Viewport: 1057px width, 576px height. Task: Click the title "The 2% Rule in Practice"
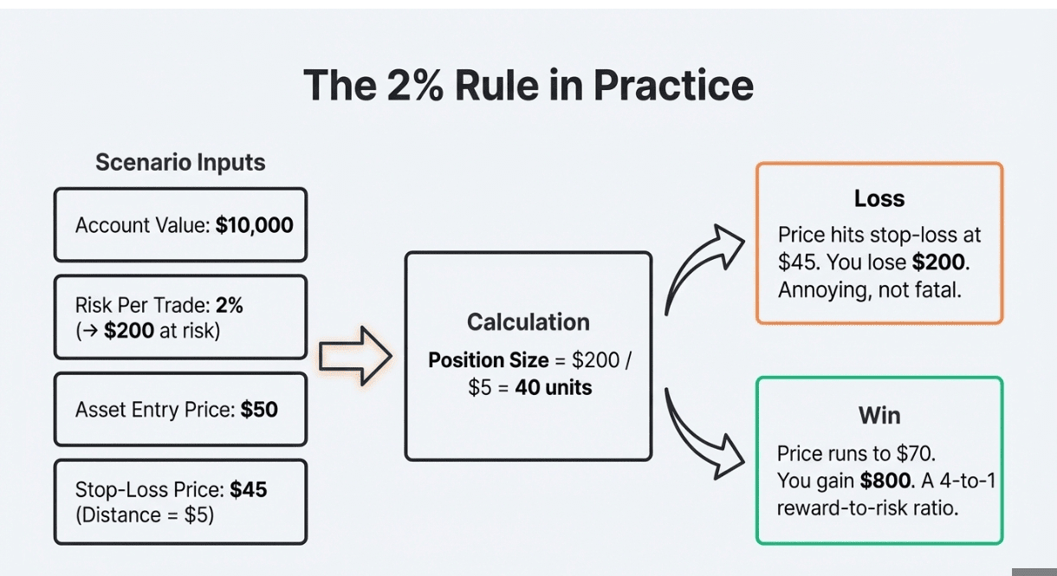[528, 86]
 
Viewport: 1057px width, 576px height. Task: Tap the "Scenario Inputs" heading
[180, 162]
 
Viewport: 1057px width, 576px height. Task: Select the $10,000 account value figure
[255, 226]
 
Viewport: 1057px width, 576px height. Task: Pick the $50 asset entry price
[259, 410]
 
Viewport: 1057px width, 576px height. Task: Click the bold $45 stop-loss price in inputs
[249, 490]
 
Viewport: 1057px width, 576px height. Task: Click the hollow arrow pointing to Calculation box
[355, 356]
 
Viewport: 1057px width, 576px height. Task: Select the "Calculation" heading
[528, 322]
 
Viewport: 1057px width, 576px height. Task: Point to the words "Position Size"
[489, 360]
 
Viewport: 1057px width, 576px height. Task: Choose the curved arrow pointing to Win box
[704, 433]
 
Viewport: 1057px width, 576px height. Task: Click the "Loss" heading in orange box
[879, 198]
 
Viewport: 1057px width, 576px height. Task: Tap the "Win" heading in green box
[879, 416]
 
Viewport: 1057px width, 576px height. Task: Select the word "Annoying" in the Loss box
[819, 289]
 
